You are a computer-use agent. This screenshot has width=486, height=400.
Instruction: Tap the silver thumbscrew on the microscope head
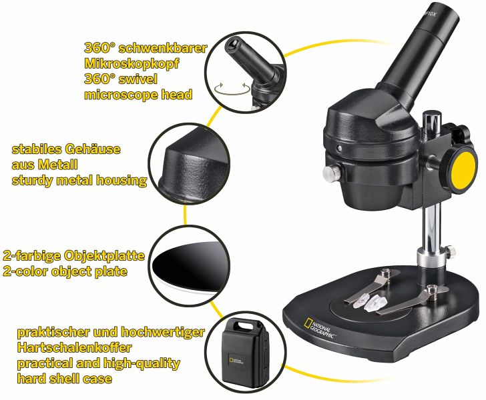(330, 173)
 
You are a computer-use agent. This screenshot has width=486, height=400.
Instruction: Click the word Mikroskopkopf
(132, 63)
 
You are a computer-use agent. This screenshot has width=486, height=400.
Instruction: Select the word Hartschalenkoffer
(74, 347)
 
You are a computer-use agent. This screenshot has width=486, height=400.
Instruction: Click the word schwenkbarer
(163, 48)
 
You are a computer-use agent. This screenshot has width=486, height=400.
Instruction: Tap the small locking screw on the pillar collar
(451, 249)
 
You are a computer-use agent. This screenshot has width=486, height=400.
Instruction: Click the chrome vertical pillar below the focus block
(431, 225)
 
